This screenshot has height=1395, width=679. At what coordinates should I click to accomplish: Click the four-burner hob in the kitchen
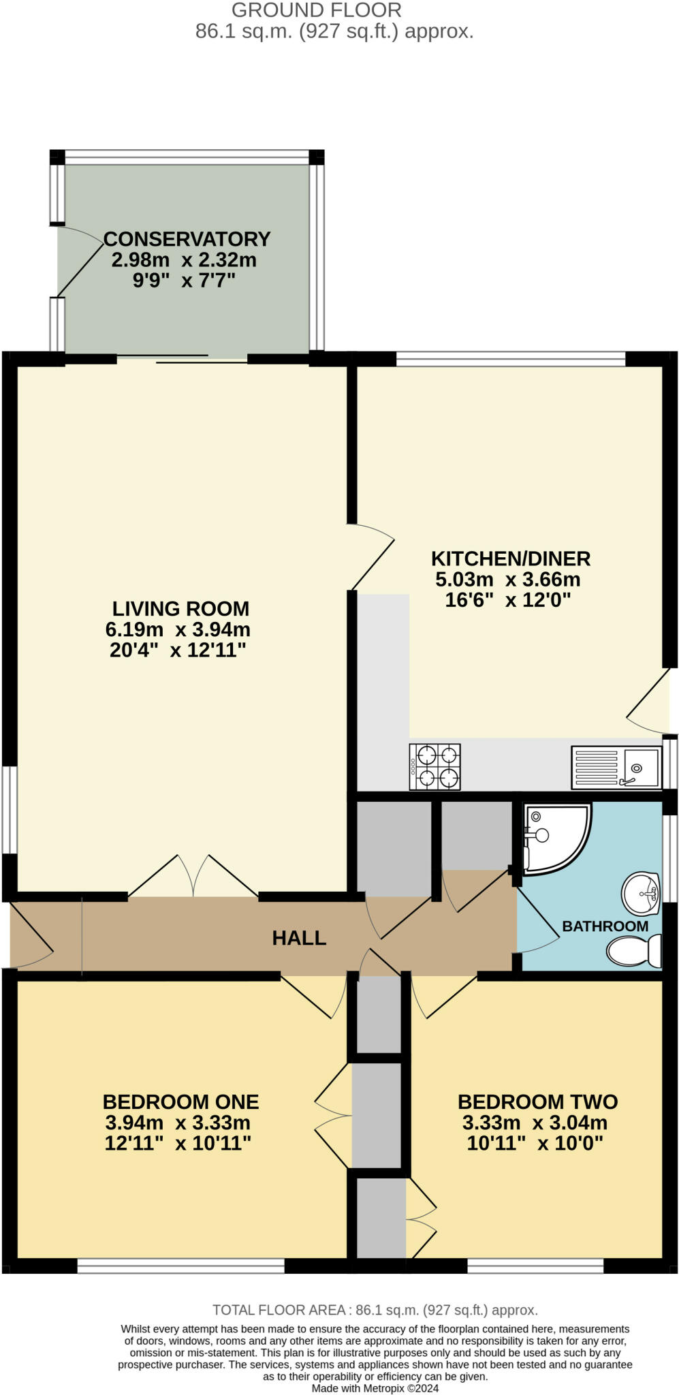(435, 767)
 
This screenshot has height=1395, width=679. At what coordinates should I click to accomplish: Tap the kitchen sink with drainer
(616, 767)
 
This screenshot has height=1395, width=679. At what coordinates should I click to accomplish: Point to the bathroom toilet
(634, 950)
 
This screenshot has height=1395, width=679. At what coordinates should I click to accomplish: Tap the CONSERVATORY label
(187, 239)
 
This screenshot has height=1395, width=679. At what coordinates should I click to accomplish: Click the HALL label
(299, 938)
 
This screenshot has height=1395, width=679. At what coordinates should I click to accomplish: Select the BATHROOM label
(605, 926)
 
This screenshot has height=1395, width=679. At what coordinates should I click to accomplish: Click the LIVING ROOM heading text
(180, 608)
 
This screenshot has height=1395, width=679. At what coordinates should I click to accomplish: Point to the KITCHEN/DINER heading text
(511, 559)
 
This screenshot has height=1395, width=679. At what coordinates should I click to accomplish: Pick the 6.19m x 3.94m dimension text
(178, 629)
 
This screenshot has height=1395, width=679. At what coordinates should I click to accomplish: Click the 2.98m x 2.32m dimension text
(184, 260)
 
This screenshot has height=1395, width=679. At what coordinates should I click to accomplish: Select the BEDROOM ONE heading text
(180, 1101)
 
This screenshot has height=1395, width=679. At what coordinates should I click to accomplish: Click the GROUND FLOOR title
(317, 10)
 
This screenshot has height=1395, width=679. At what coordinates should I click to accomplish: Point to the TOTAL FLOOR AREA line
(375, 1309)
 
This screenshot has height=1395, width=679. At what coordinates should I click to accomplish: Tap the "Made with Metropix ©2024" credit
(375, 1388)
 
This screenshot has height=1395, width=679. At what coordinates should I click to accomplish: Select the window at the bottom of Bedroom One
(180, 1266)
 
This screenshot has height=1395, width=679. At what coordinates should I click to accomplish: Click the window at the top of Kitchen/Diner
(511, 358)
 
